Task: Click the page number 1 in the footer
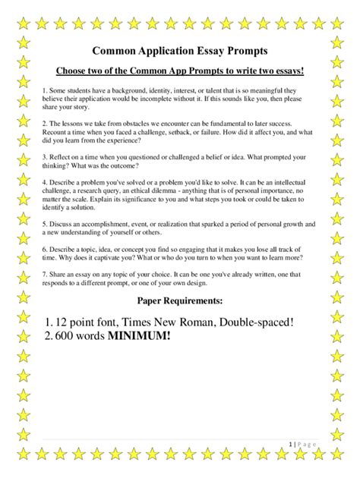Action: [x=291, y=442]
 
